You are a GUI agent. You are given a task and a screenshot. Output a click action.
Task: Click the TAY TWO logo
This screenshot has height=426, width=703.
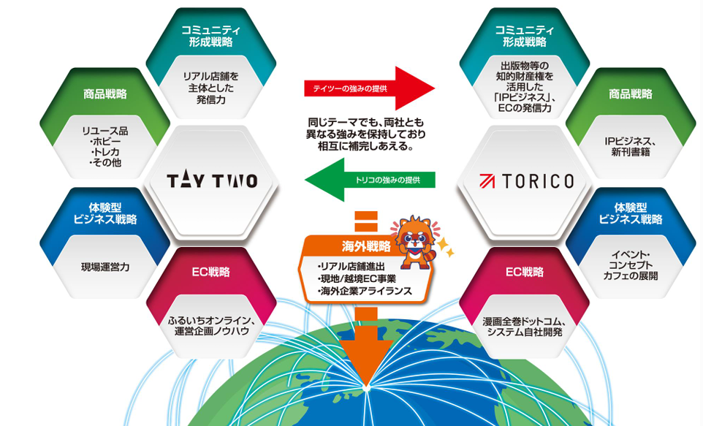(212, 180)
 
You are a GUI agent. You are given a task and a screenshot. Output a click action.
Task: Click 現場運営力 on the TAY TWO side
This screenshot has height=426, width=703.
(105, 267)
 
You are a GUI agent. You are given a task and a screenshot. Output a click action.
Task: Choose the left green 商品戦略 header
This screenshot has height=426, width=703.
(105, 94)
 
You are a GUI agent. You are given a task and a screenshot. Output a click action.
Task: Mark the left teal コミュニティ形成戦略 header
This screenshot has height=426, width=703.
(212, 36)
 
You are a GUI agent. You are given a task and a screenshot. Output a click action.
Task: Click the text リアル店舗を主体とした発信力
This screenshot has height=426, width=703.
(212, 87)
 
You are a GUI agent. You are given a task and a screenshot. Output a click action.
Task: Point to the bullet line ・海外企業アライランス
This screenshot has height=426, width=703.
(365, 291)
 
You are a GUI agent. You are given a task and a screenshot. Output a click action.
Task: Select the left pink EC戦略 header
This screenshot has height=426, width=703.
(211, 272)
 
